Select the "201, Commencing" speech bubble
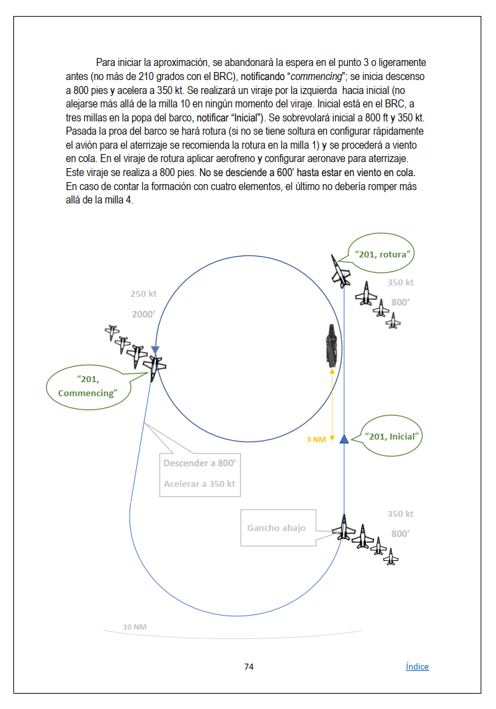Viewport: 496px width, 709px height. click(x=86, y=386)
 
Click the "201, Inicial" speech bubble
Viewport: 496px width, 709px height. click(x=391, y=436)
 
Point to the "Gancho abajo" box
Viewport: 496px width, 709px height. click(x=276, y=528)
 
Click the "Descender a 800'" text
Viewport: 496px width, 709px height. click(x=200, y=463)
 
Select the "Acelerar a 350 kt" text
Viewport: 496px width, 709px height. click(x=200, y=484)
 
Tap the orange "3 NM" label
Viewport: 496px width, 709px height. click(x=316, y=440)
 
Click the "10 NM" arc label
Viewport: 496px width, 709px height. click(x=135, y=627)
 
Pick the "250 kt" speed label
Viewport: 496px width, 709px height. click(x=144, y=294)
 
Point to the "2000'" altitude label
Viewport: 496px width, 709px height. click(x=144, y=315)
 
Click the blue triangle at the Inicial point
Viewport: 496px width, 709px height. click(x=344, y=438)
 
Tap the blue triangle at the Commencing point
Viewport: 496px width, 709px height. click(x=155, y=350)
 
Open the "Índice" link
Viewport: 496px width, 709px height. click(x=417, y=666)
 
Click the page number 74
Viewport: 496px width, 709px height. click(x=249, y=666)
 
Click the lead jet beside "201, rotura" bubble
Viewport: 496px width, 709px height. click(x=340, y=271)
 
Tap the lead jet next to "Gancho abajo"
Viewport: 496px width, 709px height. click(x=344, y=527)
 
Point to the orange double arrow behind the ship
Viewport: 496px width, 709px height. click(x=332, y=401)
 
